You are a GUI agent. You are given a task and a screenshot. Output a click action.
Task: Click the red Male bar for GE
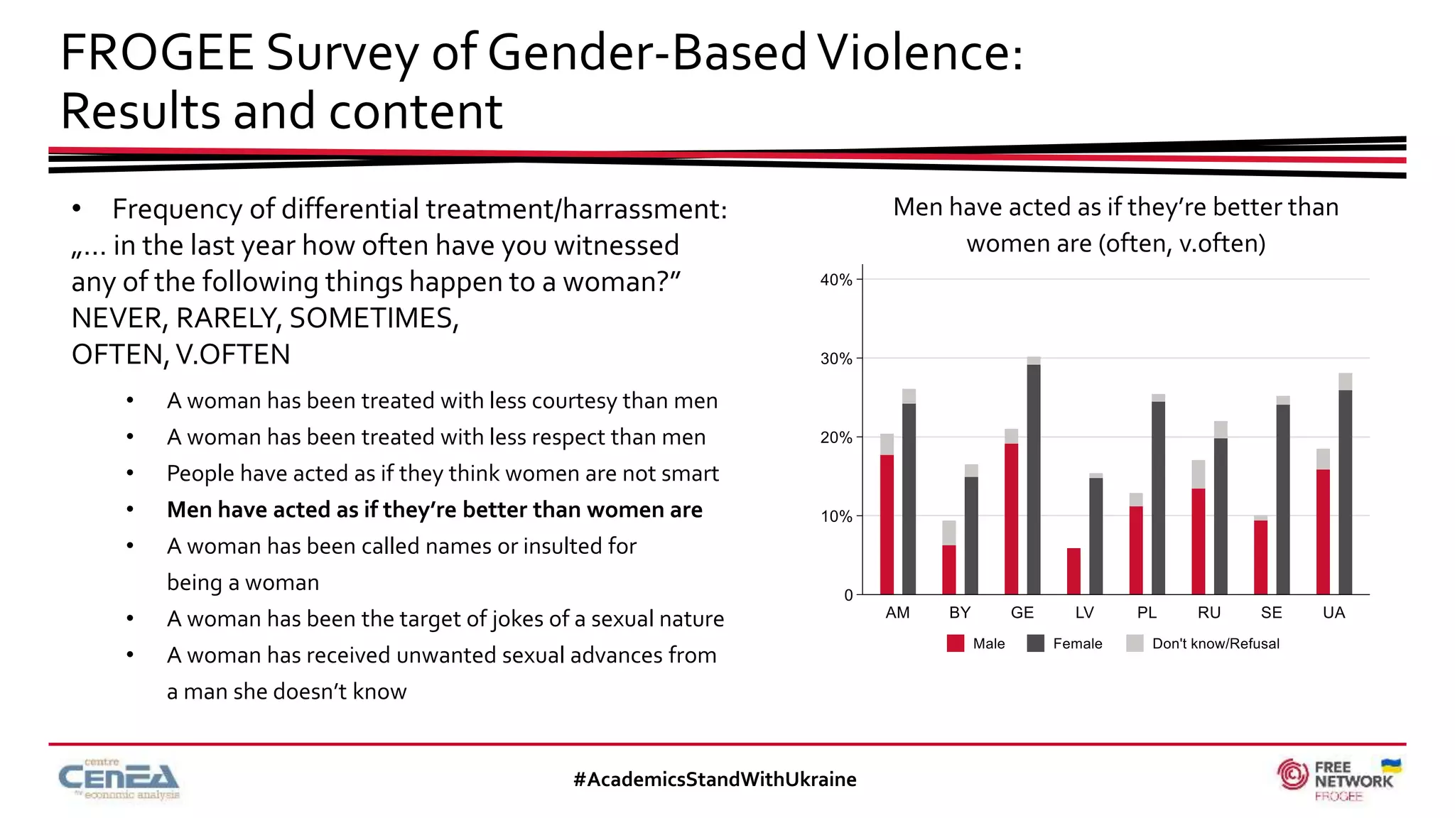(x=1011, y=519)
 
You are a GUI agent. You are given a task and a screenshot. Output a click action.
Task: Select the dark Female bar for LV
(x=1096, y=536)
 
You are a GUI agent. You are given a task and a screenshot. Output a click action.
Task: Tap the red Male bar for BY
(x=948, y=569)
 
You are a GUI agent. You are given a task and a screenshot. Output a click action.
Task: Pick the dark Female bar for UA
(x=1345, y=492)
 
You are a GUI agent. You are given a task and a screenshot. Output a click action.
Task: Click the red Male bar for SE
(x=1260, y=557)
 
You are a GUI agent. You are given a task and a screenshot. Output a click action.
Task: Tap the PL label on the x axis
(x=1147, y=613)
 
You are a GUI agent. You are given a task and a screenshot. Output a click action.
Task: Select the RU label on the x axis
(x=1208, y=613)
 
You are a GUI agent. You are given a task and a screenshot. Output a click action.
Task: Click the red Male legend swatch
(x=956, y=643)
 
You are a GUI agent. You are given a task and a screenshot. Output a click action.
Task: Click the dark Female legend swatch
(x=1036, y=643)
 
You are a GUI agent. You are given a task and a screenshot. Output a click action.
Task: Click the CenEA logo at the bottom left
(x=119, y=780)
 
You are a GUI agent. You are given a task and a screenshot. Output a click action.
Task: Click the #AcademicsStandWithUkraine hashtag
(x=715, y=780)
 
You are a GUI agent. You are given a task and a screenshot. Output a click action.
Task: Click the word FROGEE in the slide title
(x=157, y=53)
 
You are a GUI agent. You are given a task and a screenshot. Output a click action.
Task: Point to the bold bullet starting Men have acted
(x=434, y=510)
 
